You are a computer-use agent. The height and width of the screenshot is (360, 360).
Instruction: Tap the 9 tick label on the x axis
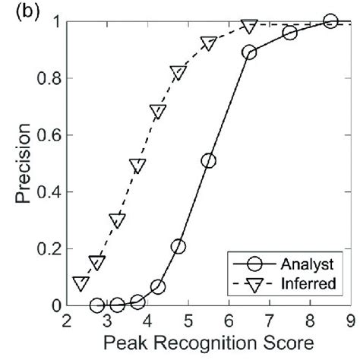coord(350,321)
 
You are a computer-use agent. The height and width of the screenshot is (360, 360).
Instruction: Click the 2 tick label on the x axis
coord(68,321)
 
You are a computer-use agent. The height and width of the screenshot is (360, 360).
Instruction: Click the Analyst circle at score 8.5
coord(330,21)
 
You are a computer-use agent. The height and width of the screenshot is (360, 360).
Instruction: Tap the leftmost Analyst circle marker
coord(96,305)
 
